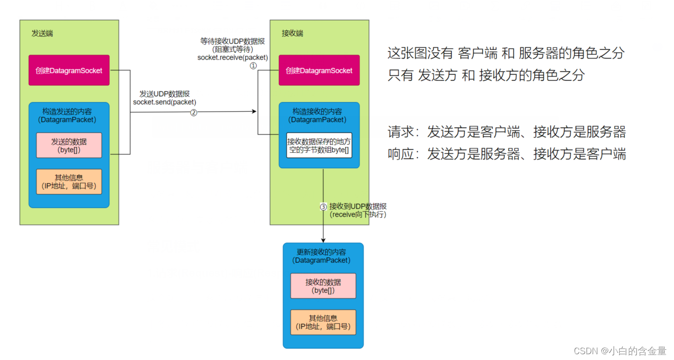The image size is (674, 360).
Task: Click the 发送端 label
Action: tap(42, 33)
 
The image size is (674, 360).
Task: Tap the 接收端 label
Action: tap(292, 33)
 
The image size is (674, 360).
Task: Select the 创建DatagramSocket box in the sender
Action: tap(69, 71)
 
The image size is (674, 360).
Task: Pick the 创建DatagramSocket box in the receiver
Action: tap(319, 71)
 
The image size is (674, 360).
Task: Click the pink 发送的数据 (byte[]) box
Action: tap(69, 145)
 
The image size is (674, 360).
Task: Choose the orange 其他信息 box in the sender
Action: tap(69, 181)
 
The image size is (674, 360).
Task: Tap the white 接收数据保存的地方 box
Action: tap(319, 145)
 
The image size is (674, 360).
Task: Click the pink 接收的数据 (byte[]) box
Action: tap(323, 286)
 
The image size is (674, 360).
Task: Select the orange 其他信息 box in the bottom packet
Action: tap(323, 322)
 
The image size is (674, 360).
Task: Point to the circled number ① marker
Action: tap(253, 66)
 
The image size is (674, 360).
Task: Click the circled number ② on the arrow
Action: tap(193, 112)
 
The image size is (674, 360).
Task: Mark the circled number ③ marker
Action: tap(323, 207)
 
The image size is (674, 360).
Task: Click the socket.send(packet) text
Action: tap(165, 102)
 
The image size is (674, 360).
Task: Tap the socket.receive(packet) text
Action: tap(232, 58)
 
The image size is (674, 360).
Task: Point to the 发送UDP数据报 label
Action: tap(165, 94)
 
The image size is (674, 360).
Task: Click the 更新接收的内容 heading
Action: tap(322, 252)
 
